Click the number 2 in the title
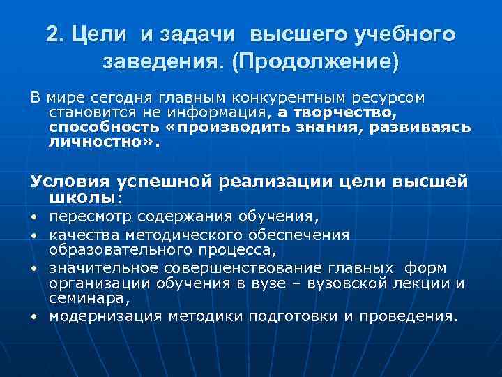(x=52, y=34)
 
